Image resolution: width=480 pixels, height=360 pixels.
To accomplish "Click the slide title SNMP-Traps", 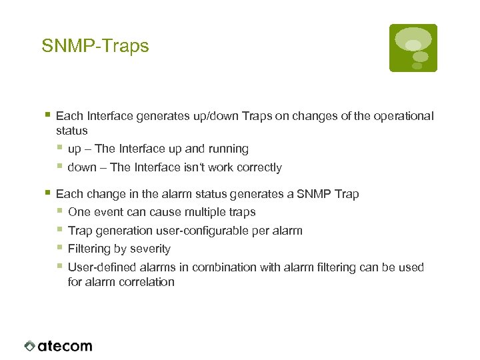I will tap(95, 46).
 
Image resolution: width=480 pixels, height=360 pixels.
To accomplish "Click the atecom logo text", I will tap(65, 346).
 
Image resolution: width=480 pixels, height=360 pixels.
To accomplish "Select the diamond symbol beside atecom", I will tap(29, 346).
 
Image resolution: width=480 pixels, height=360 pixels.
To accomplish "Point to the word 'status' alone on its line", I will tap(71, 131).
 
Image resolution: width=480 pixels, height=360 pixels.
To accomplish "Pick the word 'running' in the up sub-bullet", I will tap(228, 149).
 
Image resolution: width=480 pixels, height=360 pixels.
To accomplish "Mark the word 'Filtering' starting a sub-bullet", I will tap(90, 249).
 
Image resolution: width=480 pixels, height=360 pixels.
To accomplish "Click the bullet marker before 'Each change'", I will tap(48, 193).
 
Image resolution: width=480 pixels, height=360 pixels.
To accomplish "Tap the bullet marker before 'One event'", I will tap(60, 212).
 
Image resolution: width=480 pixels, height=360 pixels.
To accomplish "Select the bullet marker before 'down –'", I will tap(60, 167).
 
